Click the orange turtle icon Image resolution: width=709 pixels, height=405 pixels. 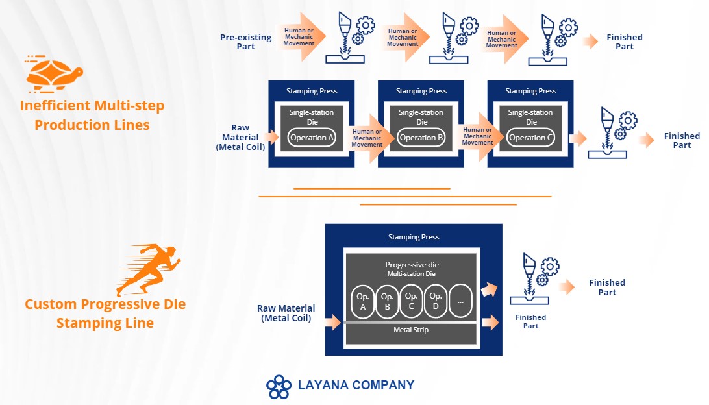click(55, 74)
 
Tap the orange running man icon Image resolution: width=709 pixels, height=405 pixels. click(149, 269)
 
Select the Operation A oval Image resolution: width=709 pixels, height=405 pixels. click(312, 138)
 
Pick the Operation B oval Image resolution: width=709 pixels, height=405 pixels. click(421, 138)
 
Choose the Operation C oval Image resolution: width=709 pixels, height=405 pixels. click(530, 138)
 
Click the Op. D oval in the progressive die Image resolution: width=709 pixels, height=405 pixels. click(436, 302)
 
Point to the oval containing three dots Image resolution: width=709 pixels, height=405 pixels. click(460, 302)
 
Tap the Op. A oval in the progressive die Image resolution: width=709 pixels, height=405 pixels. click(363, 302)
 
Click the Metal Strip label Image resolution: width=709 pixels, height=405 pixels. click(411, 330)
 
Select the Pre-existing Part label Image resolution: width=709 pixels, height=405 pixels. click(246, 42)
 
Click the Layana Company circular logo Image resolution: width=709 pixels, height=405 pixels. click(279, 387)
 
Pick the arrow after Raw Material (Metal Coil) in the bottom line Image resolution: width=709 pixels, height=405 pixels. click(333, 323)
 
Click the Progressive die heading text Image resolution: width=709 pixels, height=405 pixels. click(412, 265)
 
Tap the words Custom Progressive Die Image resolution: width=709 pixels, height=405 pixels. click(105, 304)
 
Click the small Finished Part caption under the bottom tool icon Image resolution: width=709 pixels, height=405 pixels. click(531, 321)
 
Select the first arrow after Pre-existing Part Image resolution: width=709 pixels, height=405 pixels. click(301, 37)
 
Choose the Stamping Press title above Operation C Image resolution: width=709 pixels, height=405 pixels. click(531, 91)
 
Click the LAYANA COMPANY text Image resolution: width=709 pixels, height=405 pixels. click(356, 385)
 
